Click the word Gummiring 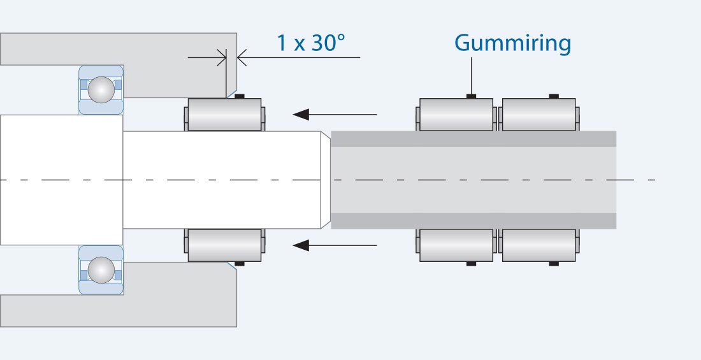[x=512, y=43]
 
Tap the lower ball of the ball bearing [x=101, y=270]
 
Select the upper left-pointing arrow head [x=301, y=115]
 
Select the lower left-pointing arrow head [x=301, y=245]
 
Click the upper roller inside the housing [x=224, y=115]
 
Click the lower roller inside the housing [x=224, y=245]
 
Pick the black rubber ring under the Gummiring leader [x=472, y=97]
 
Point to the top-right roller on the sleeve [x=539, y=115]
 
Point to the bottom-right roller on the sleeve [x=539, y=245]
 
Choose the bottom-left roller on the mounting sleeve [x=456, y=245]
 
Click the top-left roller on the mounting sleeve [x=456, y=115]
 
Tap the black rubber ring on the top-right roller [x=554, y=97]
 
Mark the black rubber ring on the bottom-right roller [x=554, y=263]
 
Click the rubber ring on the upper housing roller [x=240, y=97]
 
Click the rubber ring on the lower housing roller [x=240, y=263]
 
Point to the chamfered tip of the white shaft [x=326, y=180]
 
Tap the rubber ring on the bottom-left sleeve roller [x=472, y=263]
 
